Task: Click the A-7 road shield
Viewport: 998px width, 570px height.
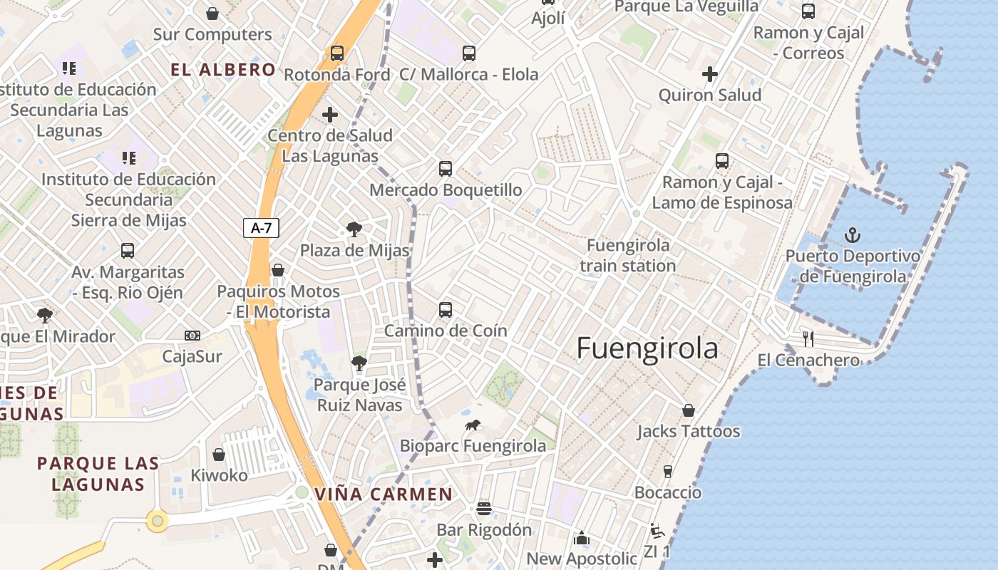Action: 262,228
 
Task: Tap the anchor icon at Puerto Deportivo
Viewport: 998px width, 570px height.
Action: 852,234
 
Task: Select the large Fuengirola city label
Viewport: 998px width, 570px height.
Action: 647,348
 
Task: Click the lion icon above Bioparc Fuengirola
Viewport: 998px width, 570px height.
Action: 472,425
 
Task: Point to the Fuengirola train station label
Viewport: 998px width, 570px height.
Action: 627,255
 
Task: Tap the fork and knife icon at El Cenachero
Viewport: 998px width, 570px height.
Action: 808,338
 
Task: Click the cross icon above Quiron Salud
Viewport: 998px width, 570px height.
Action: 709,73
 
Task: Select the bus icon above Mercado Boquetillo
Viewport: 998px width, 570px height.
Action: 446,169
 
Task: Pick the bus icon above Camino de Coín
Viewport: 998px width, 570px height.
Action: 446,310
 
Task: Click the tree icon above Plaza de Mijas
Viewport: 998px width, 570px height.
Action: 354,229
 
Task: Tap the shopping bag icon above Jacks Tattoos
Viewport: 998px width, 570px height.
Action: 688,410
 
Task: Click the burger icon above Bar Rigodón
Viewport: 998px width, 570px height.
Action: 483,508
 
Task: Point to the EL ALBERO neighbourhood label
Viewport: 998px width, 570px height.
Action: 223,69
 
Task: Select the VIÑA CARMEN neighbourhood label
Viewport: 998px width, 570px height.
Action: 384,494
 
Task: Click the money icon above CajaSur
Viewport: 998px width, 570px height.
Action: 192,336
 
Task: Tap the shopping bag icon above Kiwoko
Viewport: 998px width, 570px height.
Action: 219,455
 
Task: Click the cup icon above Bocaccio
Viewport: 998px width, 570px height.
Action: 667,471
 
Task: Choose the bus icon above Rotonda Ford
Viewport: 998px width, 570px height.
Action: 337,53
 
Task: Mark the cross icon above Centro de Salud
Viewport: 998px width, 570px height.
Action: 330,114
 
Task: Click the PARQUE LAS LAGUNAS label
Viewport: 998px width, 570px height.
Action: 98,474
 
